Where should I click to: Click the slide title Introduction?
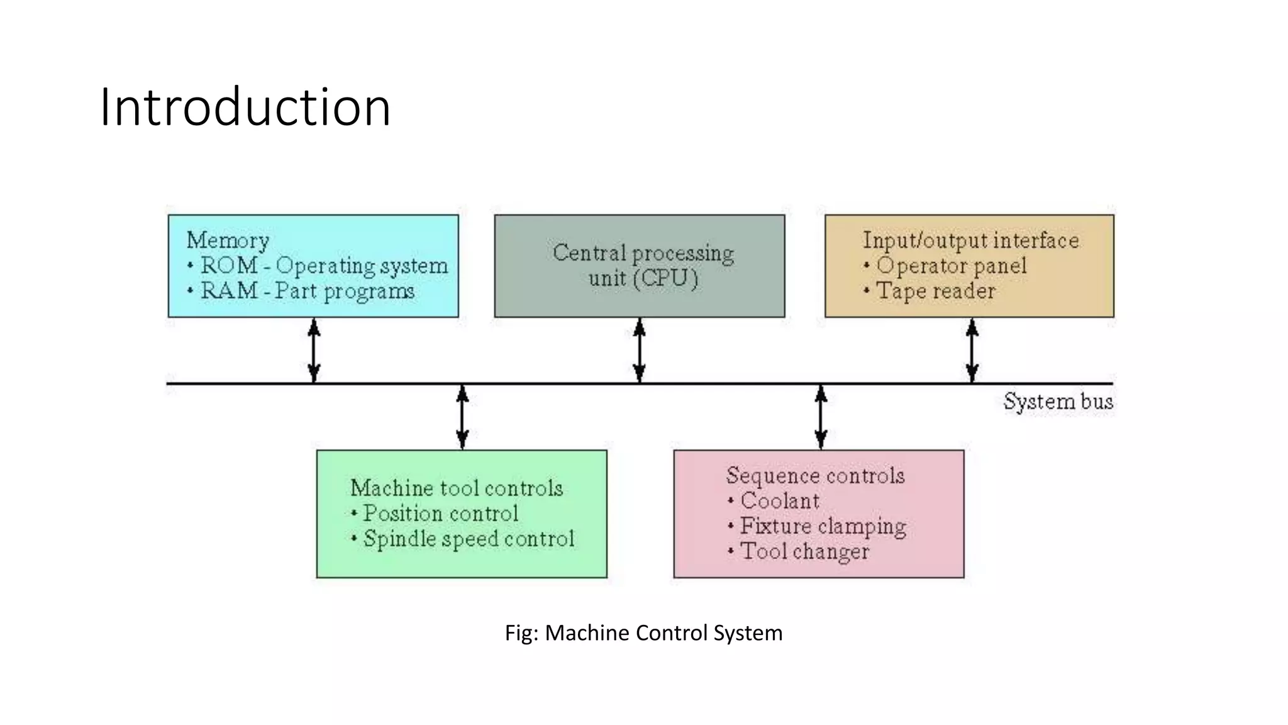[245, 107]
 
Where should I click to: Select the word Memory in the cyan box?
[228, 240]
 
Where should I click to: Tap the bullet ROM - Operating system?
[323, 266]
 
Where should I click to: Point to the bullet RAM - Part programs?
[306, 291]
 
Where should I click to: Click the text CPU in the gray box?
[666, 278]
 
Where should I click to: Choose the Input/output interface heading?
[970, 240]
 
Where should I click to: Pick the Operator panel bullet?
[950, 266]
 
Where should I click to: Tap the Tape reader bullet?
[935, 291]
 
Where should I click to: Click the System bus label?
[1058, 402]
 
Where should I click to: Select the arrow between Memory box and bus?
[314, 350]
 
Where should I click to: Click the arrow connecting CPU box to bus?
[640, 350]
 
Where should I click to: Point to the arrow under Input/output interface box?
[972, 350]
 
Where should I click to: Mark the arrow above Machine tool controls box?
[462, 417]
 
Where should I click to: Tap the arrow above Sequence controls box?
[821, 417]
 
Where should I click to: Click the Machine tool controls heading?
[457, 488]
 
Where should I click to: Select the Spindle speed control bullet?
[469, 539]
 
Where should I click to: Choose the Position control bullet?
[440, 514]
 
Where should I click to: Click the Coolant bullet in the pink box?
[779, 501]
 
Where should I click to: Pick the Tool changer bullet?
[804, 551]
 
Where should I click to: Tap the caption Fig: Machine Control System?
[643, 632]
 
